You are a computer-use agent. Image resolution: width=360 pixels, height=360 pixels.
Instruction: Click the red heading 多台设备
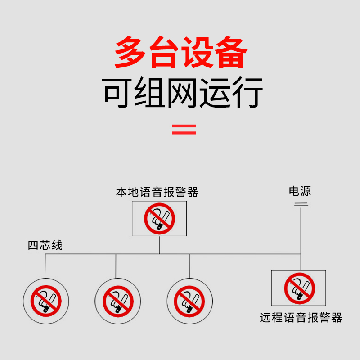[x=180, y=53]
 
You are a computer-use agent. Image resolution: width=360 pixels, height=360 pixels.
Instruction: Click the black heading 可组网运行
[x=183, y=93]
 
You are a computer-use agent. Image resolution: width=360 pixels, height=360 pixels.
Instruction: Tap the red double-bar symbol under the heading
[x=184, y=130]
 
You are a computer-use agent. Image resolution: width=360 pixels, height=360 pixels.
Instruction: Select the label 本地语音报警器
[x=157, y=193]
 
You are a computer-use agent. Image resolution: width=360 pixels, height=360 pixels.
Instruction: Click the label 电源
[x=300, y=192]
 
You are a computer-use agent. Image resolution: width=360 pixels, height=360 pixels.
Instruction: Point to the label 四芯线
[x=45, y=246]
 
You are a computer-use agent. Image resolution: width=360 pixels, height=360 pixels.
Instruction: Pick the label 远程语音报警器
[x=301, y=318]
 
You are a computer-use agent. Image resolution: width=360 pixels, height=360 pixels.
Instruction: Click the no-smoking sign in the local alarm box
[x=159, y=219]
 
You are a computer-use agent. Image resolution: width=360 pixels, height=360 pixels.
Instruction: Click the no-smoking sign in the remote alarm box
[x=299, y=288]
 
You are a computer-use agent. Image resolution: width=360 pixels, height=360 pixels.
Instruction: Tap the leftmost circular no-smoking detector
[x=46, y=300]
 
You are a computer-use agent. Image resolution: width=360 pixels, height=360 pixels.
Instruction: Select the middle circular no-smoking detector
[x=118, y=300]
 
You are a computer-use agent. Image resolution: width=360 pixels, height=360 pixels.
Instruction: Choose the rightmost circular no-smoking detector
[x=189, y=300]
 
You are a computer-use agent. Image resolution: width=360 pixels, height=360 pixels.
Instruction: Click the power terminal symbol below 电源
[x=301, y=204]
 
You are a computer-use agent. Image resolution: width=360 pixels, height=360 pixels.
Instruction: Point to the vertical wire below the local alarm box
[x=159, y=245]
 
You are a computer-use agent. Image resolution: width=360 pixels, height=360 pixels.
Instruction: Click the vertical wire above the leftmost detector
[x=45, y=265]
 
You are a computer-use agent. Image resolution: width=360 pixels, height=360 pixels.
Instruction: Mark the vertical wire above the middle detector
[x=116, y=265]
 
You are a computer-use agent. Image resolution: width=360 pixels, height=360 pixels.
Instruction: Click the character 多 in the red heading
[x=131, y=53]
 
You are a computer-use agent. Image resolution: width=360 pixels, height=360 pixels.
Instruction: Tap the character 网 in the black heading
[x=183, y=93]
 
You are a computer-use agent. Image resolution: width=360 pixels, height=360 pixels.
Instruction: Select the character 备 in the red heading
[x=230, y=53]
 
